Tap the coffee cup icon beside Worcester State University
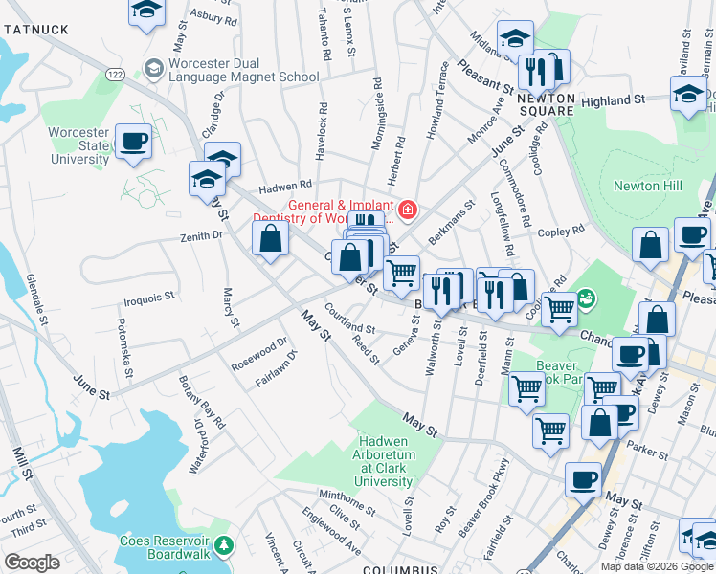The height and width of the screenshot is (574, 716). (x=133, y=142)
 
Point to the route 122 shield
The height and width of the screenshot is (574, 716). (x=116, y=74)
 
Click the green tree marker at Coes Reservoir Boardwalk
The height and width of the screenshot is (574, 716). (x=224, y=545)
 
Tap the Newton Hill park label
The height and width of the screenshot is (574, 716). (x=636, y=186)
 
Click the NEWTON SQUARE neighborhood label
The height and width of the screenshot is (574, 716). (x=546, y=104)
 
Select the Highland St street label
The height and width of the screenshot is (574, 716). (x=613, y=100)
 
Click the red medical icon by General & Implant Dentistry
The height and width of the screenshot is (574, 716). (x=408, y=209)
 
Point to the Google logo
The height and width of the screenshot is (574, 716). (x=33, y=563)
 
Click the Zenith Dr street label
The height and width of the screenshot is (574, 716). (x=202, y=234)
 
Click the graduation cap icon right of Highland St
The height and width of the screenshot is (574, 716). (x=688, y=96)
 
